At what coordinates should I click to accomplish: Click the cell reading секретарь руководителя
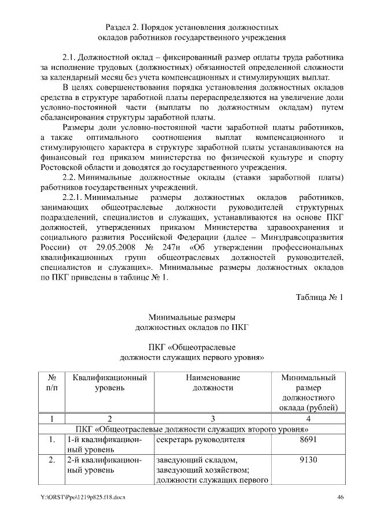click(195, 440)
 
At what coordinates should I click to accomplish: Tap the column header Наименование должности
click(213, 382)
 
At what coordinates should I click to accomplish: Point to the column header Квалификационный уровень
click(109, 382)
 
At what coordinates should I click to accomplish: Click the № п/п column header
click(52, 382)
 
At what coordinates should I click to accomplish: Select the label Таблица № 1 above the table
click(320, 298)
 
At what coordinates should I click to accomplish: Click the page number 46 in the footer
click(341, 497)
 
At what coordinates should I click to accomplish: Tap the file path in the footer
click(83, 497)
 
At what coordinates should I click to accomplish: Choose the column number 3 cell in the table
click(213, 418)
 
